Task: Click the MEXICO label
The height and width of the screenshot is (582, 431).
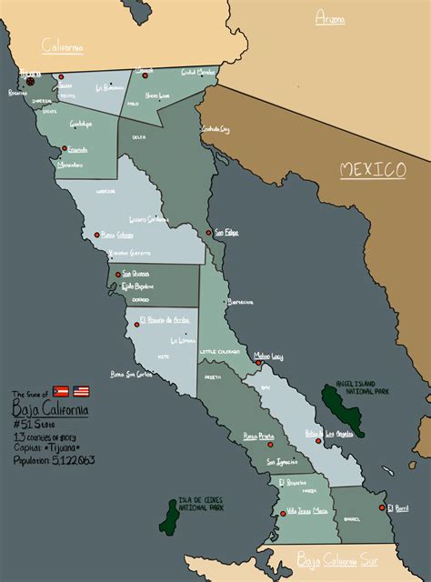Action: [373, 170]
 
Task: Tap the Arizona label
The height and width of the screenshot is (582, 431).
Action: [330, 18]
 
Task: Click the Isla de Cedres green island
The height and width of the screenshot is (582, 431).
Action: [169, 516]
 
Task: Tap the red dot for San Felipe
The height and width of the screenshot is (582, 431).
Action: [208, 233]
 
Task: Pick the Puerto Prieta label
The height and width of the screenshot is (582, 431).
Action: [259, 436]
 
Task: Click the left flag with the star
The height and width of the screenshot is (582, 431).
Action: [61, 391]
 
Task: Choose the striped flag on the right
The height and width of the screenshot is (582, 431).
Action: [81, 391]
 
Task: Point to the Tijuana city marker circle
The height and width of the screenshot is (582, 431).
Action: [30, 80]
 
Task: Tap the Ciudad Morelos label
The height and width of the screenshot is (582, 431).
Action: [198, 72]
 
